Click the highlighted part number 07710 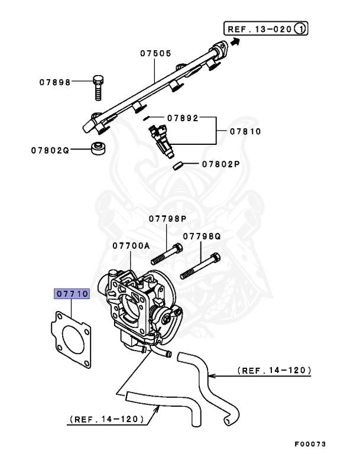coord(72,293)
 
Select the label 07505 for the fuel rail coord(155,53)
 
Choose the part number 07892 coord(181,118)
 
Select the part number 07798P coord(167,219)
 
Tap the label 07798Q coord(201,235)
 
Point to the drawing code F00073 coord(310,443)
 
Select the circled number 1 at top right coord(301,27)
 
